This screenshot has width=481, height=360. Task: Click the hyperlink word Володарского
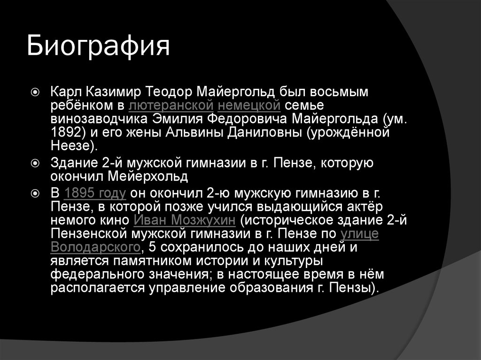tap(95, 247)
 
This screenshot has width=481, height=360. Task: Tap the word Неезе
tap(71, 145)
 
